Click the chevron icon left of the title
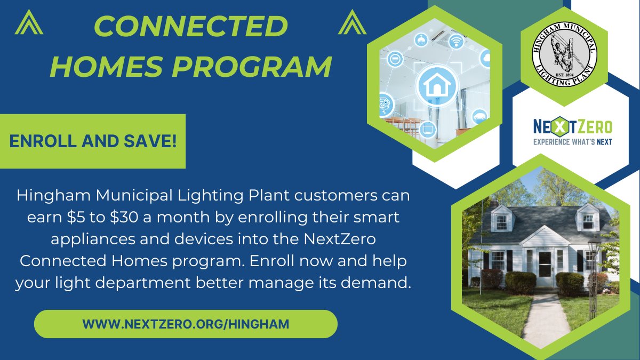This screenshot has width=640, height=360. pos(29,22)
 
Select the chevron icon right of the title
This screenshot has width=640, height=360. pos(352,22)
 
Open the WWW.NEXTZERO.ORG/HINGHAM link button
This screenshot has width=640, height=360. pos(186,324)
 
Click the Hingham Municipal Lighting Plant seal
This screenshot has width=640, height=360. pos(565,55)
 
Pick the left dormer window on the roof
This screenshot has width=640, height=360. pos(501,221)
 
